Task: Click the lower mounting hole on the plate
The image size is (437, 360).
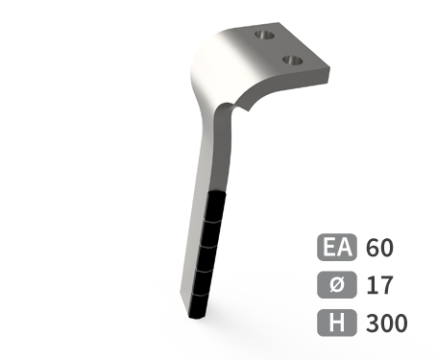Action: (292, 60)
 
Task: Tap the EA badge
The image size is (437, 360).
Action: (336, 247)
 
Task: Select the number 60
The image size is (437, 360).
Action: (380, 247)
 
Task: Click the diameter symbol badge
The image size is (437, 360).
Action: (336, 285)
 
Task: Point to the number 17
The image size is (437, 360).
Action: (378, 285)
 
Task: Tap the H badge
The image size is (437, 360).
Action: (336, 324)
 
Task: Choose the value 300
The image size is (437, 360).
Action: (386, 324)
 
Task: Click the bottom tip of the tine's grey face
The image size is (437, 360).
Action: (195, 318)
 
